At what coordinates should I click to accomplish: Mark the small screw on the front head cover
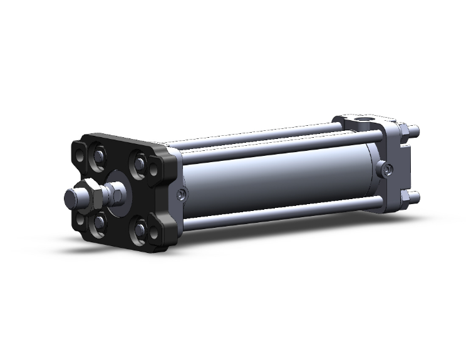(x=182, y=195)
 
